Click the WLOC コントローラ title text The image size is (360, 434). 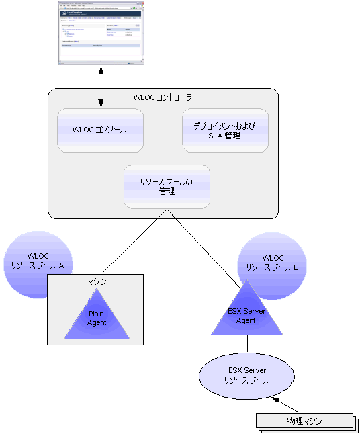tap(163, 98)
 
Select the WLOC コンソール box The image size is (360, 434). tap(100, 130)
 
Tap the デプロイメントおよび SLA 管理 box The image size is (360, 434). tap(225, 130)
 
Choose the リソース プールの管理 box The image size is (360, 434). tap(167, 186)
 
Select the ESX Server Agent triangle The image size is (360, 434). tap(246, 313)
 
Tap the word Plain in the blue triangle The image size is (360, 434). tap(96, 314)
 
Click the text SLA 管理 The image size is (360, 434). tap(225, 136)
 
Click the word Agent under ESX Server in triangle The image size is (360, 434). tap(246, 320)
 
